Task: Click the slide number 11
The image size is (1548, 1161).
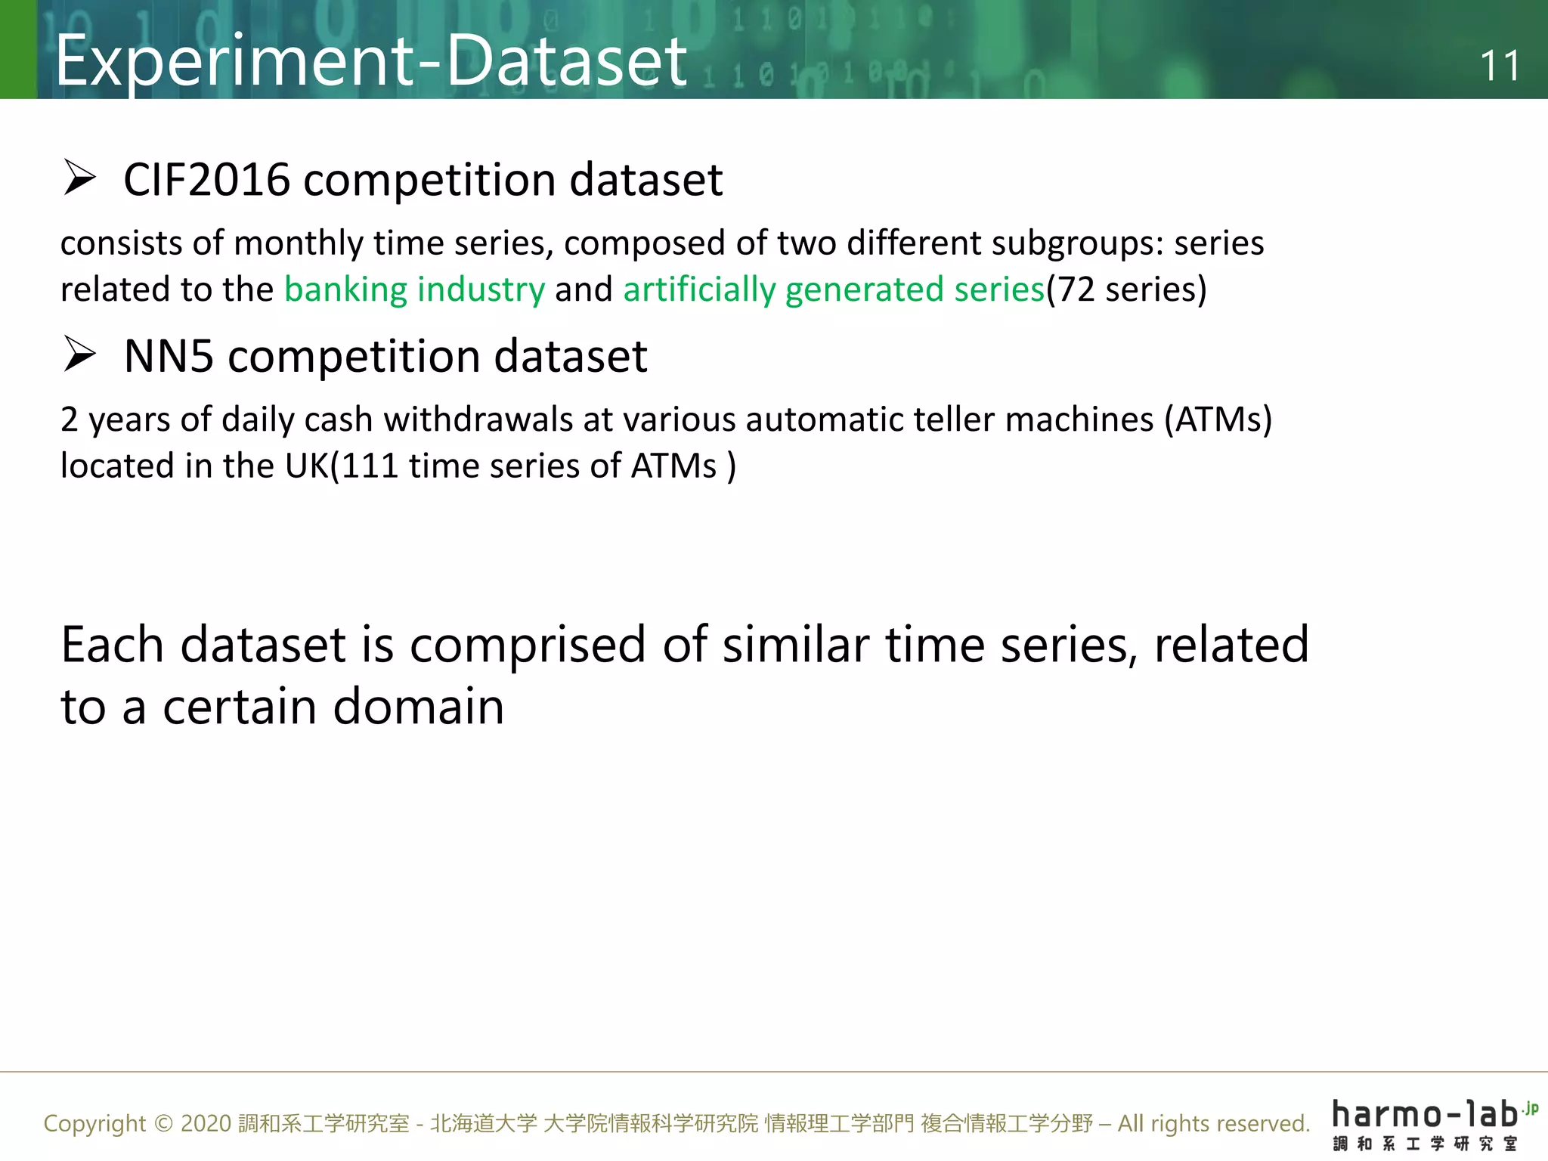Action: (x=1499, y=66)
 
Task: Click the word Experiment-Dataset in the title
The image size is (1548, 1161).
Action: (x=370, y=60)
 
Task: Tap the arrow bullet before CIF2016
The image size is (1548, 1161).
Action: (x=79, y=178)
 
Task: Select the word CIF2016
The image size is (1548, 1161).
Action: (x=206, y=180)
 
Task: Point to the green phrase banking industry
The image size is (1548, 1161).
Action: (x=414, y=289)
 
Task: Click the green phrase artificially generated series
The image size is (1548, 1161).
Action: (x=833, y=289)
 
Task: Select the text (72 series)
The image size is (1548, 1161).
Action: (x=1126, y=289)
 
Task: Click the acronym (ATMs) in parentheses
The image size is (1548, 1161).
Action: (x=1218, y=420)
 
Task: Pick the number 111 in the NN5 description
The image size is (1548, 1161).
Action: (x=370, y=466)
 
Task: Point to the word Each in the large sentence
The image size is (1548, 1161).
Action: (x=112, y=646)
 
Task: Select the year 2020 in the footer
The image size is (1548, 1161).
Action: (x=206, y=1124)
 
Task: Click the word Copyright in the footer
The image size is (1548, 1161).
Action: (x=94, y=1124)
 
